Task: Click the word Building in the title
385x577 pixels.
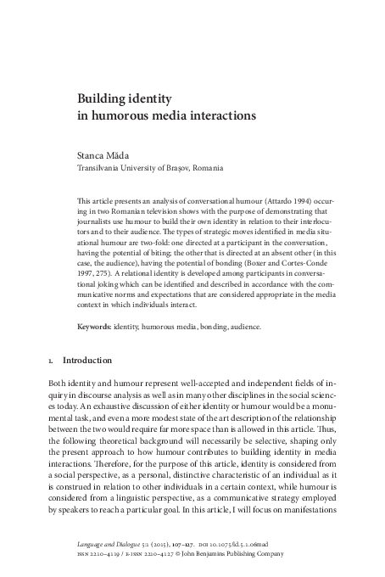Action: [x=101, y=97]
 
